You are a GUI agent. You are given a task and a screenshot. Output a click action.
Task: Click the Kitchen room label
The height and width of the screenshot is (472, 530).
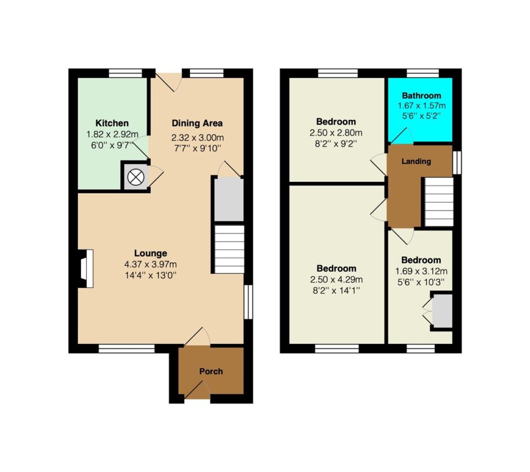(112, 123)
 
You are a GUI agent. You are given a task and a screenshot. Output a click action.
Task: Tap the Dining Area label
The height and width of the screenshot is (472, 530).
(197, 123)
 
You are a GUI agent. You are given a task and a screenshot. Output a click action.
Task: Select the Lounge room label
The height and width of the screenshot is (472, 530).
(151, 253)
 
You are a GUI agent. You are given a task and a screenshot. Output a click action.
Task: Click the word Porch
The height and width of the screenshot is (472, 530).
(211, 371)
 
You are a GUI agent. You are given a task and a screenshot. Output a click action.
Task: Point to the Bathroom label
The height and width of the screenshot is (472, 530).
(421, 96)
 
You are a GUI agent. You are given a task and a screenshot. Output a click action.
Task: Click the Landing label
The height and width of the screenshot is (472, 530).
(416, 162)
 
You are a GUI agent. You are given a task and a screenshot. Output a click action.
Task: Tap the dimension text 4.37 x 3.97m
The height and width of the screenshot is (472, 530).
(151, 264)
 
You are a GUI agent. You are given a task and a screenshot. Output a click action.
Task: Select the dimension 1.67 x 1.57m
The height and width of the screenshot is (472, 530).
(421, 106)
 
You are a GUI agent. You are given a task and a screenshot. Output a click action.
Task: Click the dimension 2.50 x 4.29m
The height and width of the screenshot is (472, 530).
(336, 280)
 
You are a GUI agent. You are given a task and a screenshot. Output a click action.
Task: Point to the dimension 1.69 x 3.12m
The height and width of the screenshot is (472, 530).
(421, 271)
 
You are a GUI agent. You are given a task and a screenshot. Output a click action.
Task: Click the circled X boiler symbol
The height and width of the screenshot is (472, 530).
(135, 177)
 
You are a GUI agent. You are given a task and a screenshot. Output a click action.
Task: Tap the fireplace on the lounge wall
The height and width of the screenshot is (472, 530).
(86, 269)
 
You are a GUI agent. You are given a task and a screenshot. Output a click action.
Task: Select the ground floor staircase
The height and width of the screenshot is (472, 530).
(229, 249)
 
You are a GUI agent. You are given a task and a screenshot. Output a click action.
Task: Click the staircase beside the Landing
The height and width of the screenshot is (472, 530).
(439, 202)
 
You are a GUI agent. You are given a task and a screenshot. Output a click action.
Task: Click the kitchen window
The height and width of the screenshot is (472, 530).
(126, 73)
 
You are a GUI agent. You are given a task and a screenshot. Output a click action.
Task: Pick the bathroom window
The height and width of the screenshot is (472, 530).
(422, 73)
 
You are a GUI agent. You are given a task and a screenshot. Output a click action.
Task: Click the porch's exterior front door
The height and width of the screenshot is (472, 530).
(197, 393)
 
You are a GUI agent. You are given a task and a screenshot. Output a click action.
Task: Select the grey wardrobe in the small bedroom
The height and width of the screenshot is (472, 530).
(443, 311)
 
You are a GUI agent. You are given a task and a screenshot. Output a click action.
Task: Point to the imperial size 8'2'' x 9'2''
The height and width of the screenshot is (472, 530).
(336, 144)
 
